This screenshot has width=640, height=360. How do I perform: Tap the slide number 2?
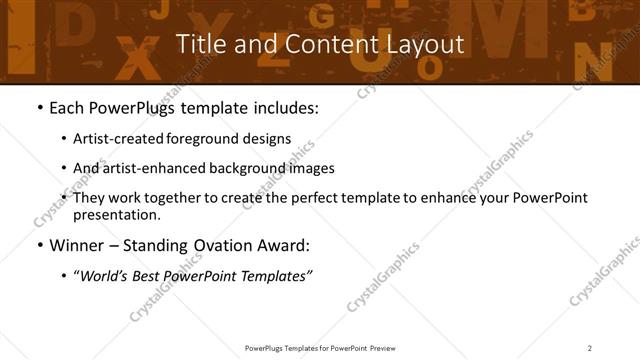(590, 347)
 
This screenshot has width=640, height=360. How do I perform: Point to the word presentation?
(115, 214)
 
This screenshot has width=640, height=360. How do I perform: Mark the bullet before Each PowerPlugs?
(38, 107)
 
